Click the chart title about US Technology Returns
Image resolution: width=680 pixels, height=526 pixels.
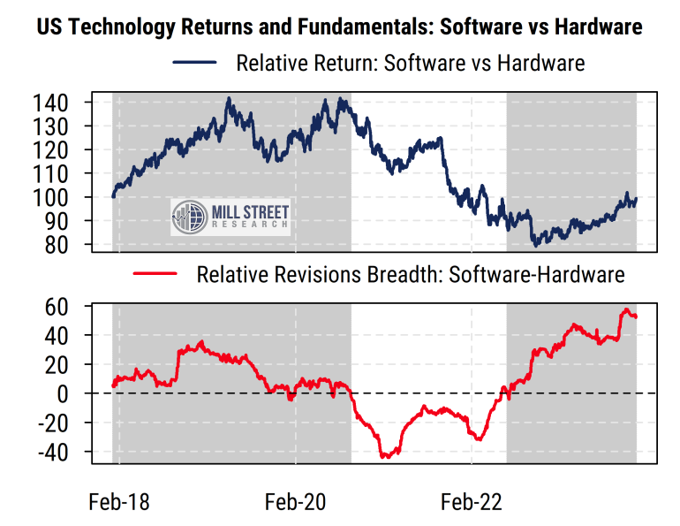[339, 27]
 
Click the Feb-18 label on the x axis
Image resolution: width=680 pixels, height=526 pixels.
[119, 502]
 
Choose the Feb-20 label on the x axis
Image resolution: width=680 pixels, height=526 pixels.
[295, 502]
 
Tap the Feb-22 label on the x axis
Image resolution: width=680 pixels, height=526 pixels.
[471, 502]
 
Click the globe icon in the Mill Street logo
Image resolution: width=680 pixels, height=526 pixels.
[186, 217]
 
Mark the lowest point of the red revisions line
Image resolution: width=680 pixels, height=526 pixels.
[385, 457]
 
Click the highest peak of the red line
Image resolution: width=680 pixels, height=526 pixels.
[626, 310]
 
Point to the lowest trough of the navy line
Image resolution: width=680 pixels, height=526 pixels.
[535, 244]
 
